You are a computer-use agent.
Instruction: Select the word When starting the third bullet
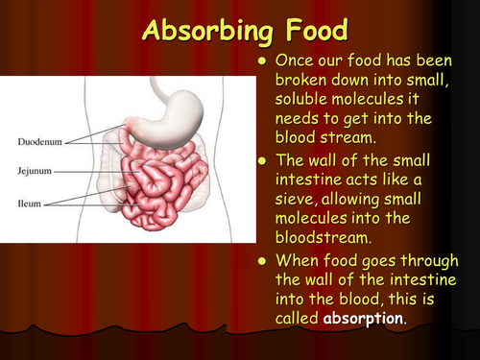298,259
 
